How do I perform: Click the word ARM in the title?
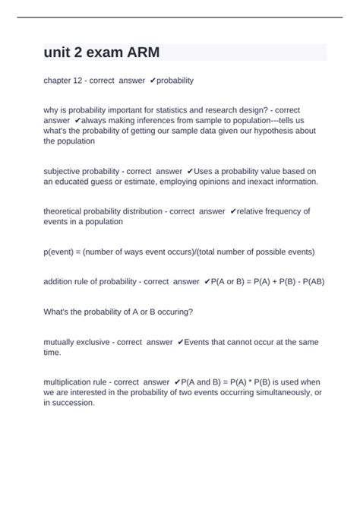[x=141, y=52]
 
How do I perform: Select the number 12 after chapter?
[x=76, y=80]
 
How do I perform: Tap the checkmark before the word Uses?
[x=189, y=172]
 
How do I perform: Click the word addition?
[x=62, y=281]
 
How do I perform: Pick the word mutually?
[x=62, y=342]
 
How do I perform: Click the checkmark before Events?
[x=179, y=342]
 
